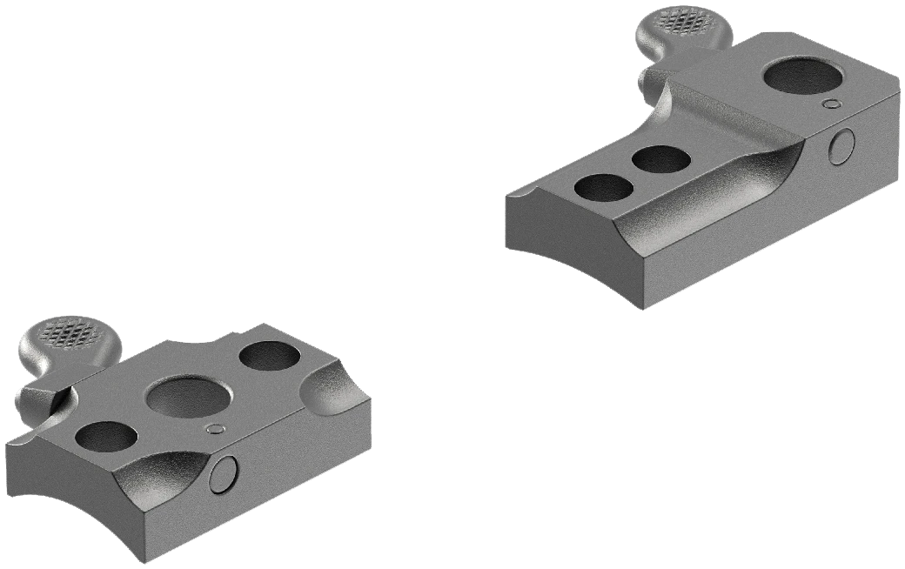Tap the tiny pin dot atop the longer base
[832, 104]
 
